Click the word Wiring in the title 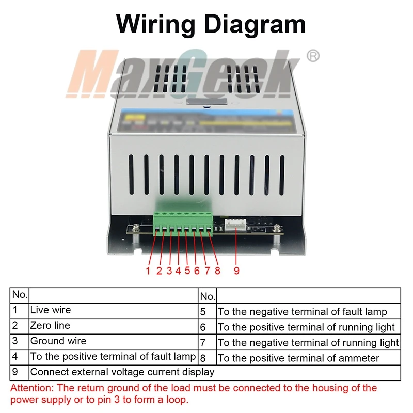click(155, 24)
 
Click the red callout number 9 click(236, 271)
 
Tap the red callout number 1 click(148, 271)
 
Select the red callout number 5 click(187, 271)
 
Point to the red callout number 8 click(217, 271)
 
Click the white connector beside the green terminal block click(235, 225)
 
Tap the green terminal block click(183, 224)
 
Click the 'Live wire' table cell click(114, 311)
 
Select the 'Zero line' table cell click(114, 326)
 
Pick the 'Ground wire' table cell click(114, 342)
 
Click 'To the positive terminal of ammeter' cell click(308, 357)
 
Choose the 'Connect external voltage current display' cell click(215, 373)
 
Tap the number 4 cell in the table click(20, 357)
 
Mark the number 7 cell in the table click(208, 342)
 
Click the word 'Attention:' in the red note click(32, 388)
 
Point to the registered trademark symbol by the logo click(313, 56)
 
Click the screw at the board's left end click(136, 228)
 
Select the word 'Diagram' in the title click(255, 25)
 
